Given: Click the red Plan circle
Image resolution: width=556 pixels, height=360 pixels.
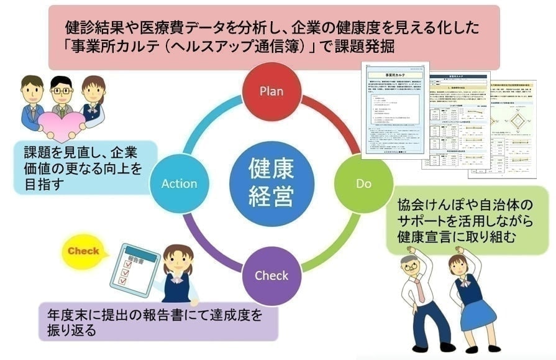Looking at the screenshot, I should tap(271, 91).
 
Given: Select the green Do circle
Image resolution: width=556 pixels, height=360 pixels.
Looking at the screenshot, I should tap(363, 183).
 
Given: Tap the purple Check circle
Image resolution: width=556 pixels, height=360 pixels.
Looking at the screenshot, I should tap(271, 275).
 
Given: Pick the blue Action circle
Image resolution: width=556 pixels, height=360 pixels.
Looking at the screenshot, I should tap(179, 183).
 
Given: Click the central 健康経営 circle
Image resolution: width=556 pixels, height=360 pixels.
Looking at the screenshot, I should tap(271, 183).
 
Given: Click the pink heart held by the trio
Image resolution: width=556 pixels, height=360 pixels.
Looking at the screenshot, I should tap(62, 125).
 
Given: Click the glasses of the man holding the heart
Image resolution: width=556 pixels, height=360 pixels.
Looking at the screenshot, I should tap(62, 91).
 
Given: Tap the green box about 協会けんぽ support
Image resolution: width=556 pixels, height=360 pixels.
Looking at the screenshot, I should tap(466, 221).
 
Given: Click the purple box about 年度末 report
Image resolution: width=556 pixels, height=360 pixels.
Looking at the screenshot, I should tap(155, 322).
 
